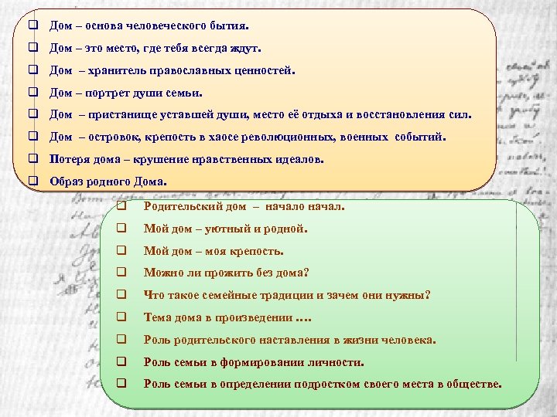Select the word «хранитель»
(113, 70)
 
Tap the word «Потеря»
(69, 160)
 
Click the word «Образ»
(67, 182)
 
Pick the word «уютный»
(225, 229)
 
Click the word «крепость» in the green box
(260, 251)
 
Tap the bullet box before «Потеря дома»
(33, 160)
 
